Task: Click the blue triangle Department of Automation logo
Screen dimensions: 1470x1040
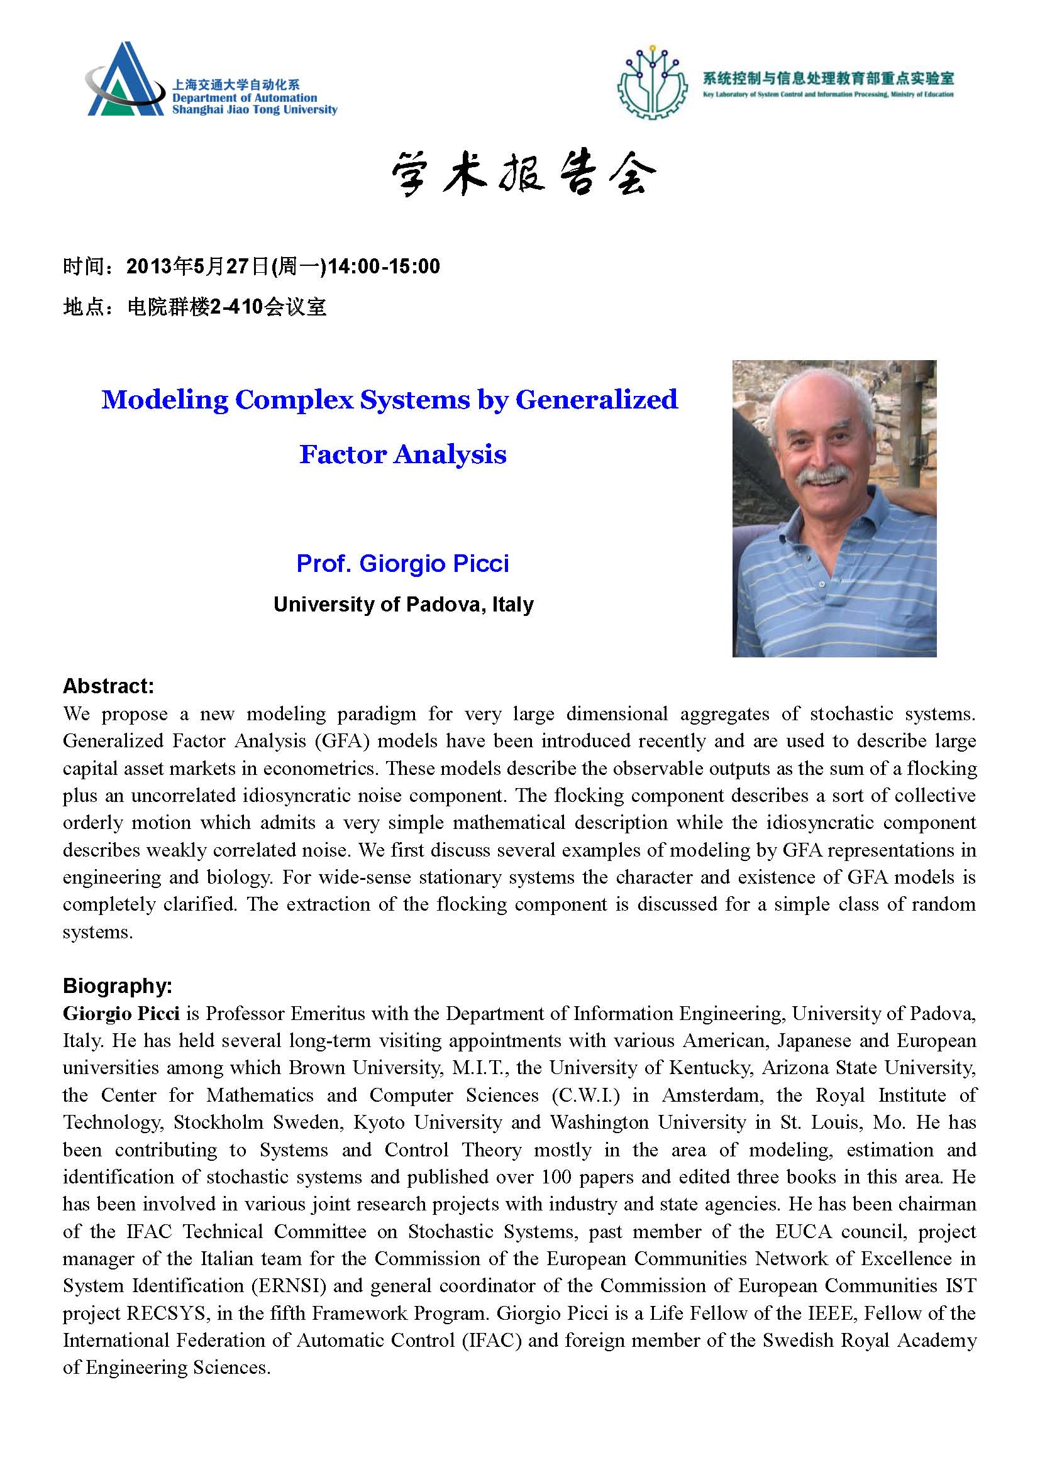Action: tap(125, 80)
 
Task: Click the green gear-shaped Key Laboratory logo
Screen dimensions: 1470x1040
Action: tap(652, 82)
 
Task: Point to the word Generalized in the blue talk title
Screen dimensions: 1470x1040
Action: tap(596, 400)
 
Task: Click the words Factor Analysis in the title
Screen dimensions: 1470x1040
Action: tap(403, 454)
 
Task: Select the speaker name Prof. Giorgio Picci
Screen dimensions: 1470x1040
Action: tap(403, 563)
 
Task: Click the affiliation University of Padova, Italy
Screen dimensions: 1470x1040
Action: tap(404, 605)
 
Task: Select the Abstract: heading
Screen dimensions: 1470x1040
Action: tap(108, 686)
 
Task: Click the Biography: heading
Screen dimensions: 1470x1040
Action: tap(117, 986)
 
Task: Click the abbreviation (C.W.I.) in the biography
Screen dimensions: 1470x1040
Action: tap(586, 1095)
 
